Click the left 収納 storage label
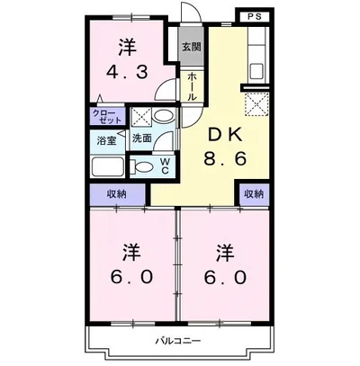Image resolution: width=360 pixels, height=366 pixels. (115, 194)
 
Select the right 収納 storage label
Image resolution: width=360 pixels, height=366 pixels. (253, 194)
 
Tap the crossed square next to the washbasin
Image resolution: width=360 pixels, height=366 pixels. (141, 117)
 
